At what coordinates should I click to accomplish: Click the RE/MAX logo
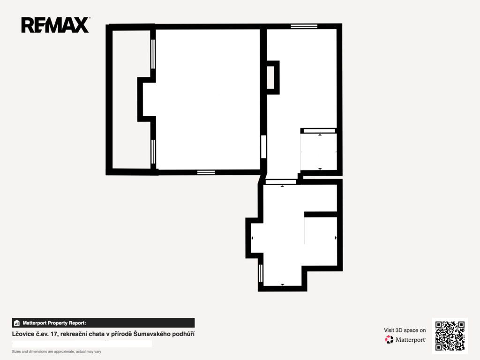click(55, 25)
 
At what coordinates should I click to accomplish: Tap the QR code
click(450, 336)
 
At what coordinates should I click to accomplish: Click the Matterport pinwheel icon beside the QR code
click(389, 339)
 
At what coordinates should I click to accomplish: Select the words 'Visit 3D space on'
click(405, 330)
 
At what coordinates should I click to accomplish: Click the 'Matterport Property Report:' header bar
click(103, 323)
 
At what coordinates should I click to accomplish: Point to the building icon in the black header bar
click(17, 323)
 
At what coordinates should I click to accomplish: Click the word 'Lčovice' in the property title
click(23, 334)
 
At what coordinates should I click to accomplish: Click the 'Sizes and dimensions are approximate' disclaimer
click(57, 352)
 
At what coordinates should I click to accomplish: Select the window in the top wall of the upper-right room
click(304, 26)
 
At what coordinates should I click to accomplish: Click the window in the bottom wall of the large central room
click(206, 172)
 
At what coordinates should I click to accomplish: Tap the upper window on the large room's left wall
click(153, 54)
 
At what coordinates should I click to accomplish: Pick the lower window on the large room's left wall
click(153, 152)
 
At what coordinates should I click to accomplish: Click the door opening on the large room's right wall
click(263, 147)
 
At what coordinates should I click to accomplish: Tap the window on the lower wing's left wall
click(261, 273)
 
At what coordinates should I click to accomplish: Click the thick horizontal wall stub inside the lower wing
click(321, 214)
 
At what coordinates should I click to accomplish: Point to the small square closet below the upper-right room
click(318, 151)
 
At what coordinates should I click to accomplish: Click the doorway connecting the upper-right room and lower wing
click(281, 182)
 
